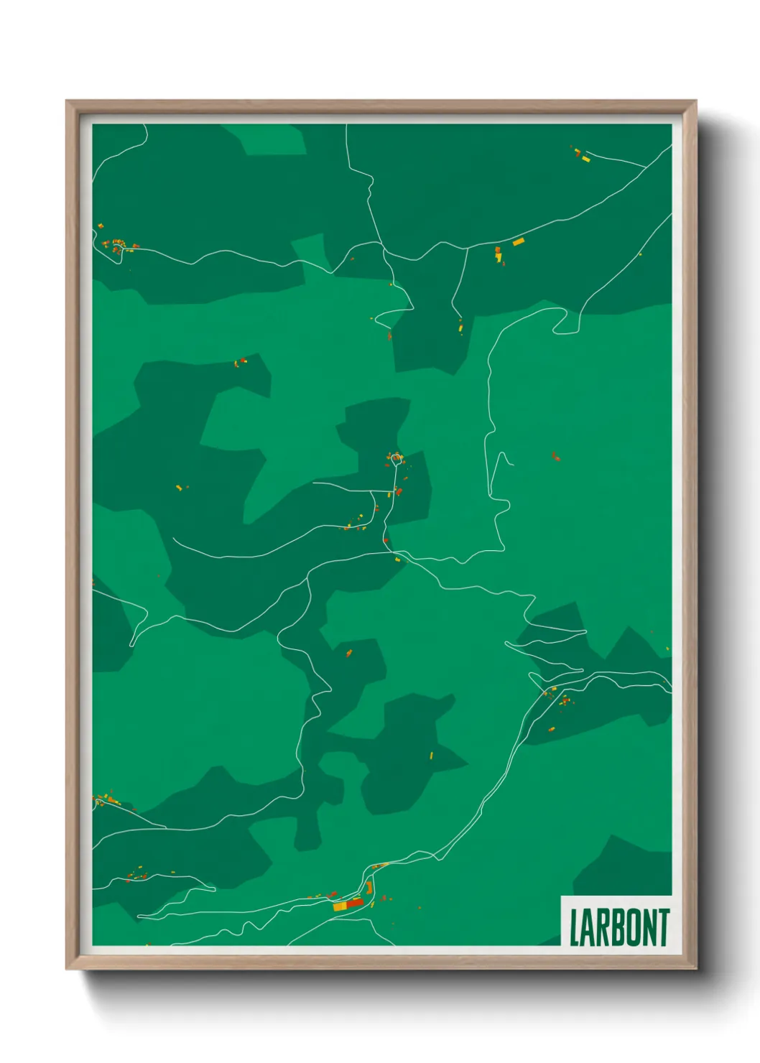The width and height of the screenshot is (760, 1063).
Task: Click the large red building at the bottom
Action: click(x=356, y=903)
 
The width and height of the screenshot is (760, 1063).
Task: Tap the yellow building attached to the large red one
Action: click(x=340, y=906)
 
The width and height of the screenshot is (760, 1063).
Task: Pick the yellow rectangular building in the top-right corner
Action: click(x=585, y=159)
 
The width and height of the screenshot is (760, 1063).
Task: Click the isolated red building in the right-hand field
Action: click(x=555, y=455)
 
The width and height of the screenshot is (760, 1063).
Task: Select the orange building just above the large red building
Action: click(x=369, y=887)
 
